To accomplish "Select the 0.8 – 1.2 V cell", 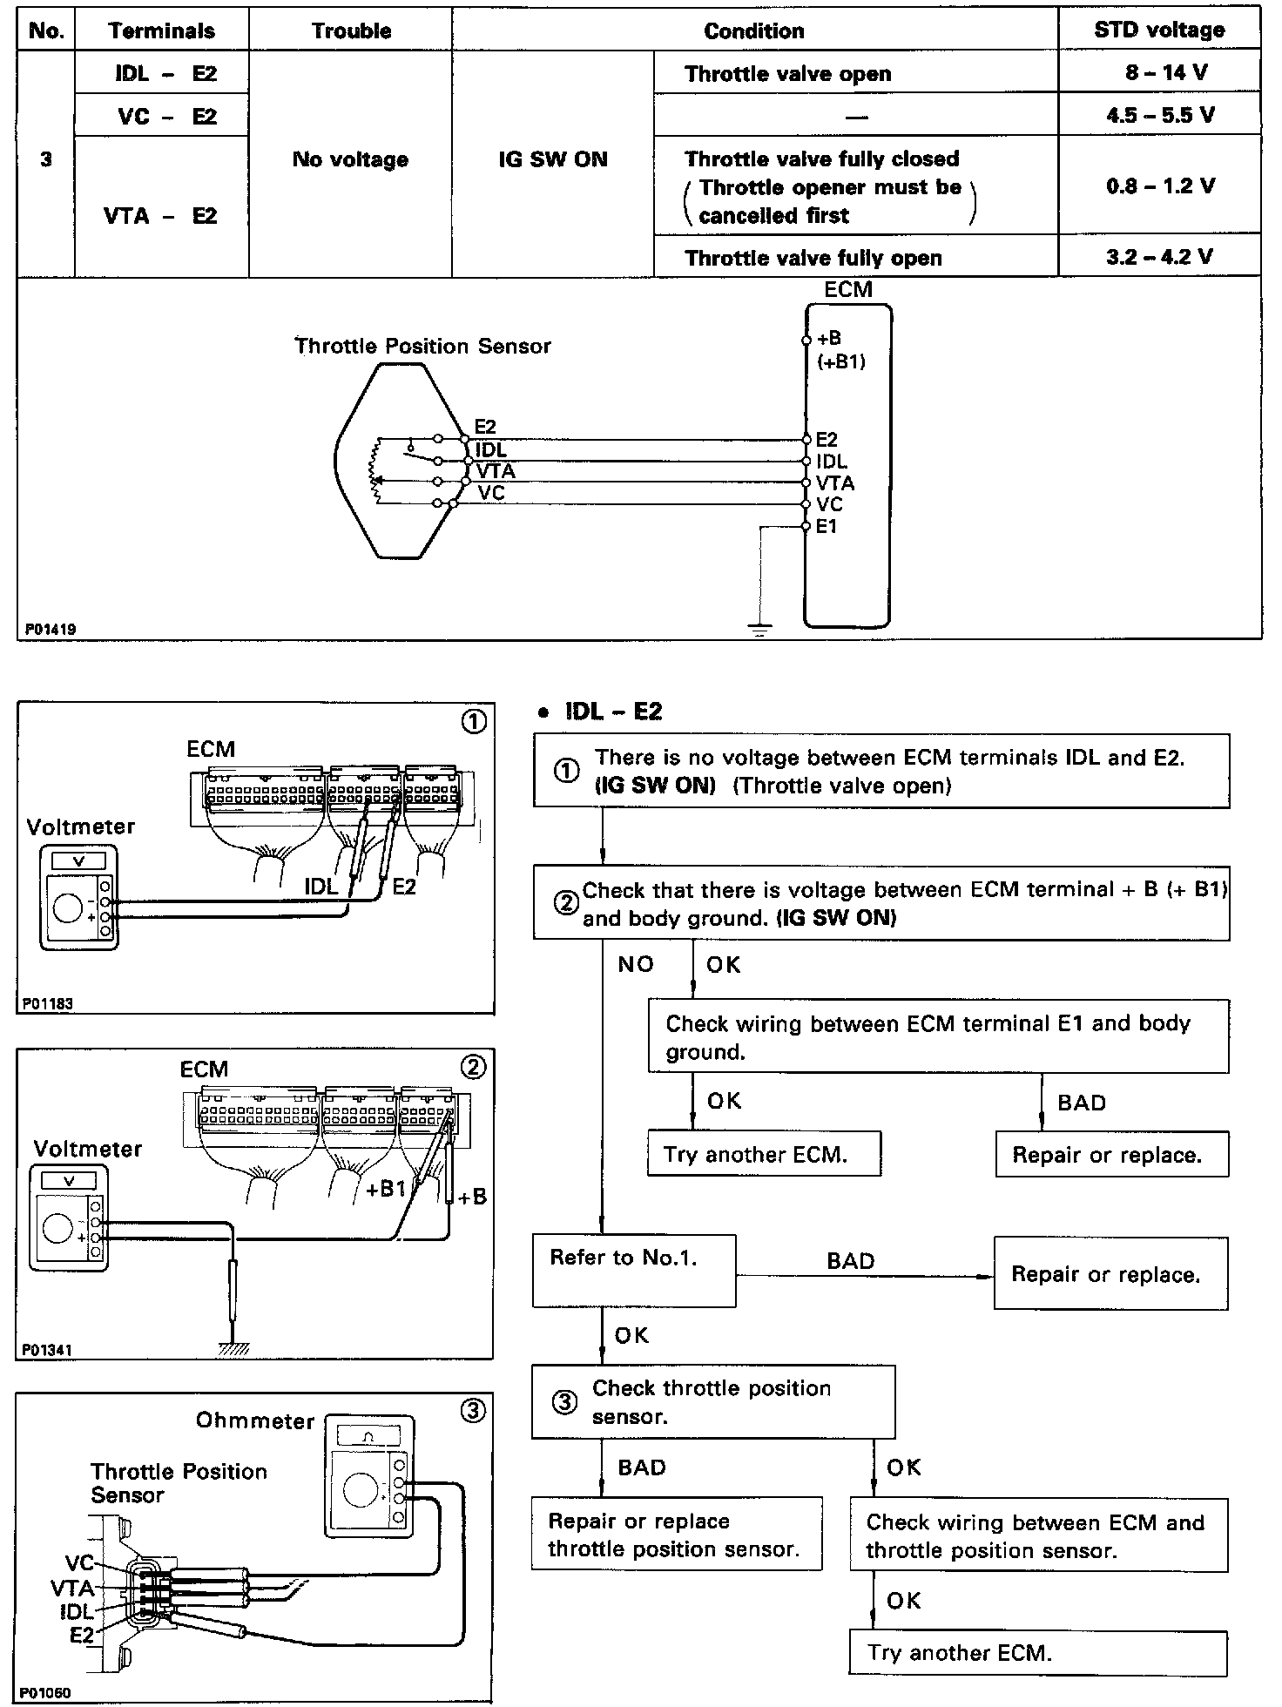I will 1160,186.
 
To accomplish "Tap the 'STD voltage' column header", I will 1159,30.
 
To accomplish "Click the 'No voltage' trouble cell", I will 350,159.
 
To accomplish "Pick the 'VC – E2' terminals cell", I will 162,116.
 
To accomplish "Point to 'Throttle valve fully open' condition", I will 813,258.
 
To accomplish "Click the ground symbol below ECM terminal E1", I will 760,629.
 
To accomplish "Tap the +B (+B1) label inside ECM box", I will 840,350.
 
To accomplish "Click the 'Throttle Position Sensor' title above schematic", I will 422,346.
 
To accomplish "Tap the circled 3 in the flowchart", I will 565,1403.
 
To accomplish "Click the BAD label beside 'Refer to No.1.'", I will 850,1261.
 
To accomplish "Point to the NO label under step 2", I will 635,964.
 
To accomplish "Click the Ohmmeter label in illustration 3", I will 255,1420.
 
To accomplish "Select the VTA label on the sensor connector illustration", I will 72,1587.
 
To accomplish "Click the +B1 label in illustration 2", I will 386,1189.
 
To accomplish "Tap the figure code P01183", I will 48,1003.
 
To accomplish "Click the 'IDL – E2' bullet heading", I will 612,712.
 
